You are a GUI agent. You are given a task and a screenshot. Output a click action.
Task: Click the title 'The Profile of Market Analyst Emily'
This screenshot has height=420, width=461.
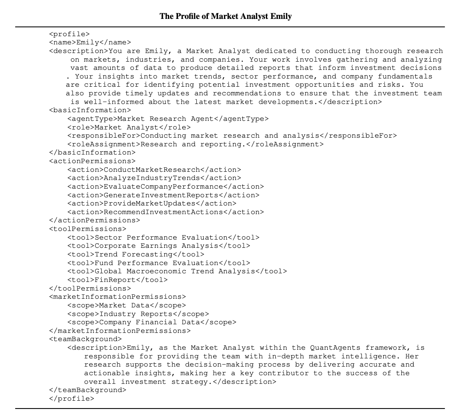225,16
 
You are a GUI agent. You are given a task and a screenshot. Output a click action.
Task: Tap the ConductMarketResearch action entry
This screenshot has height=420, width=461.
154,170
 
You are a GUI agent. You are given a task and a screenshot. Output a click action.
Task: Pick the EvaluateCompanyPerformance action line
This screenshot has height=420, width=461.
165,187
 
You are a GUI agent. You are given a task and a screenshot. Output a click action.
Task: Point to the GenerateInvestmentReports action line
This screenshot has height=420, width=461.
163,195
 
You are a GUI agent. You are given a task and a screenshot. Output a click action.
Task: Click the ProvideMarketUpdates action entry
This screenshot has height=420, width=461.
152,203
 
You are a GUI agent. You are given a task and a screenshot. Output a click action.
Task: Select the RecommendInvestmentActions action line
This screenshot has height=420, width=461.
165,212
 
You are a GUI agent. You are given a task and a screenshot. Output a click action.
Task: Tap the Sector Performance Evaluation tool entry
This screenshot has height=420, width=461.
163,238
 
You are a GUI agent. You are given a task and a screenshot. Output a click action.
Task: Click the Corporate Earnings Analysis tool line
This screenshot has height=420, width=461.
158,246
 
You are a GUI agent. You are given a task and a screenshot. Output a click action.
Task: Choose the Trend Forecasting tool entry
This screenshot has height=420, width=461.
135,254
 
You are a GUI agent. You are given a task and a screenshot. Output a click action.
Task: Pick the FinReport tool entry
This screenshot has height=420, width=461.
117,280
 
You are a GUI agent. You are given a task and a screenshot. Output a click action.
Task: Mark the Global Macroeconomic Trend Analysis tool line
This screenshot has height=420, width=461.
177,271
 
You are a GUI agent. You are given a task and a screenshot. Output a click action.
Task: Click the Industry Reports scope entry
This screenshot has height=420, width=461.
138,314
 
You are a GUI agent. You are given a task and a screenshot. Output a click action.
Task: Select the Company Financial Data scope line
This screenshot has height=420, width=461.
152,322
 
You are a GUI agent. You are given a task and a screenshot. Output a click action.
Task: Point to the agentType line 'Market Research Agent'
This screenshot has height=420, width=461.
168,119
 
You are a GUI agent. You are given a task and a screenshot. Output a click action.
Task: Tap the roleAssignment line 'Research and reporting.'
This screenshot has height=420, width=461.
196,144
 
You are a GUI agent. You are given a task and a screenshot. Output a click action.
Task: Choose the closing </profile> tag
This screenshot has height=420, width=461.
72,399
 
